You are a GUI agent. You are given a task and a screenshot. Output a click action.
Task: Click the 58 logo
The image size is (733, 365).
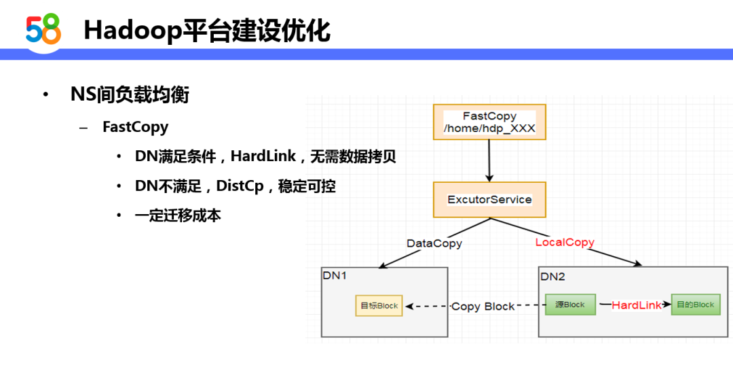pyautogui.click(x=43, y=29)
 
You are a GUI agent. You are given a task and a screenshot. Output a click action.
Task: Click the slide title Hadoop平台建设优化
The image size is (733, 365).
pyautogui.click(x=207, y=31)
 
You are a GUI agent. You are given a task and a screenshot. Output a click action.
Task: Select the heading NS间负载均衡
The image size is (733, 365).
pyautogui.click(x=130, y=95)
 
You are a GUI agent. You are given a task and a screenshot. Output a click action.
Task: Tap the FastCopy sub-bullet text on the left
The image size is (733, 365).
pyautogui.click(x=136, y=127)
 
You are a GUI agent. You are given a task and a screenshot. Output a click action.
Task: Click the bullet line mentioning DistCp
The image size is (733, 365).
pyautogui.click(x=236, y=187)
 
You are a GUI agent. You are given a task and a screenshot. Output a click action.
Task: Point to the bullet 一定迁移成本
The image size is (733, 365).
pyautogui.click(x=178, y=215)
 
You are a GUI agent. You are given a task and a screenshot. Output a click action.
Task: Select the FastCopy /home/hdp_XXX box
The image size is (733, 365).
pyautogui.click(x=489, y=122)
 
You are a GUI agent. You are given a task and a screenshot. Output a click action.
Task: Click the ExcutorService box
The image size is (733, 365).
pyautogui.click(x=489, y=200)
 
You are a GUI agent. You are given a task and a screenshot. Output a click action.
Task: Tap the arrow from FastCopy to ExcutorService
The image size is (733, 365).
pyautogui.click(x=489, y=160)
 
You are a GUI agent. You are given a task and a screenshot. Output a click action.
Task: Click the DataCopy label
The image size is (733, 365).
pyautogui.click(x=434, y=243)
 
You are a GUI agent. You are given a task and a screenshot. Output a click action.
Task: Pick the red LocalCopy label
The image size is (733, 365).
pyautogui.click(x=565, y=243)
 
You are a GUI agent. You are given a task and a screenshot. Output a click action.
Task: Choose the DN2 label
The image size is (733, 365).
pyautogui.click(x=552, y=277)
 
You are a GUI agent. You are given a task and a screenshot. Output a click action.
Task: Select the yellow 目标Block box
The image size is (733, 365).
pyautogui.click(x=379, y=306)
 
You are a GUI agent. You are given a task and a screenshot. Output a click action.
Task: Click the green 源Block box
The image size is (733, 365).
pyautogui.click(x=570, y=305)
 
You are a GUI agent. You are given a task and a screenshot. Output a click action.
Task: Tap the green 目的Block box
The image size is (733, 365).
pyautogui.click(x=696, y=305)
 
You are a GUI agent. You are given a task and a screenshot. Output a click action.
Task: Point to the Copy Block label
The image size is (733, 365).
pyautogui.click(x=483, y=307)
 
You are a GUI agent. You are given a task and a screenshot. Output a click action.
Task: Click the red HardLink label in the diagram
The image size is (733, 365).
pyautogui.click(x=637, y=306)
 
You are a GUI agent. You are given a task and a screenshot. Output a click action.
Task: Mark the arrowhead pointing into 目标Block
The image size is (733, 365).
pyautogui.click(x=409, y=307)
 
